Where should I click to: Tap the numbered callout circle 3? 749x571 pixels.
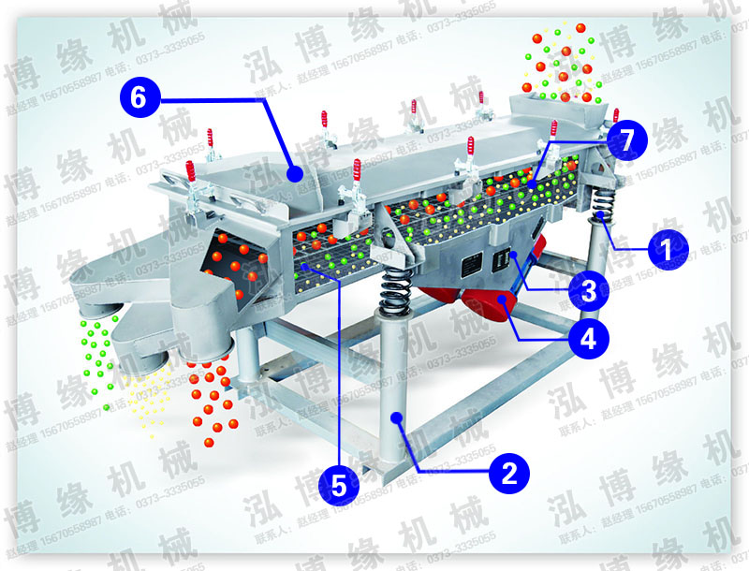(x=588, y=291)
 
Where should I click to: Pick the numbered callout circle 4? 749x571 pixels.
(x=588, y=339)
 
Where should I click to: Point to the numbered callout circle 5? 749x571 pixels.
(x=338, y=484)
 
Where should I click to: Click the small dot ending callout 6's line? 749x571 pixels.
(x=294, y=173)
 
